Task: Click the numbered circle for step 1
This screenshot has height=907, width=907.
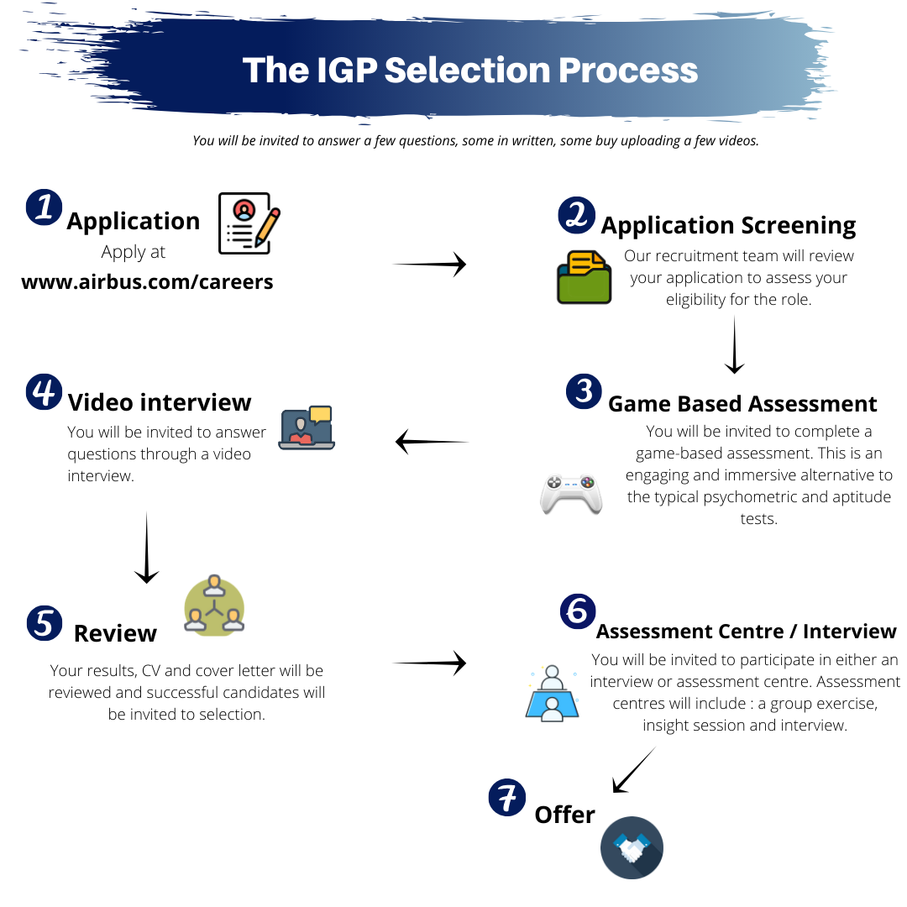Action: point(44,207)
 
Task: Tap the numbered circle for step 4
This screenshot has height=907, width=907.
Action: point(44,391)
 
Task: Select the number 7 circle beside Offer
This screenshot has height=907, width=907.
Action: point(507,797)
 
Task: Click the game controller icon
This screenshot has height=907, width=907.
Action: point(571,495)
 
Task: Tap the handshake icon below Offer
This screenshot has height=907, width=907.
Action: point(632,847)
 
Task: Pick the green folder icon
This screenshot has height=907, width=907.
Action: point(585,277)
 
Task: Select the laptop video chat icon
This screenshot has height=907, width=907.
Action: point(307,427)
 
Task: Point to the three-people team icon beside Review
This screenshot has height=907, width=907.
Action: point(214,605)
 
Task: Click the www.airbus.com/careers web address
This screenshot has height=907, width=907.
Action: point(147,281)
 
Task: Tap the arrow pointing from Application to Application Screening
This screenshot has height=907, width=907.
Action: point(430,265)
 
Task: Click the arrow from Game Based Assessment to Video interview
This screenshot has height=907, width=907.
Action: point(432,442)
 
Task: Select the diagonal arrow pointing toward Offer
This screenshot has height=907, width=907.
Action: point(634,770)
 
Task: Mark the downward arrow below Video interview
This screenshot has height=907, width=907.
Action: point(146,548)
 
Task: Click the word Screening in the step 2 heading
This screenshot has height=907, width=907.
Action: point(799,226)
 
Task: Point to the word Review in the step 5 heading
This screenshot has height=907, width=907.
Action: point(115,633)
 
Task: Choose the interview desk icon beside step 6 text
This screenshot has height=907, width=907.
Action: point(553,693)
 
